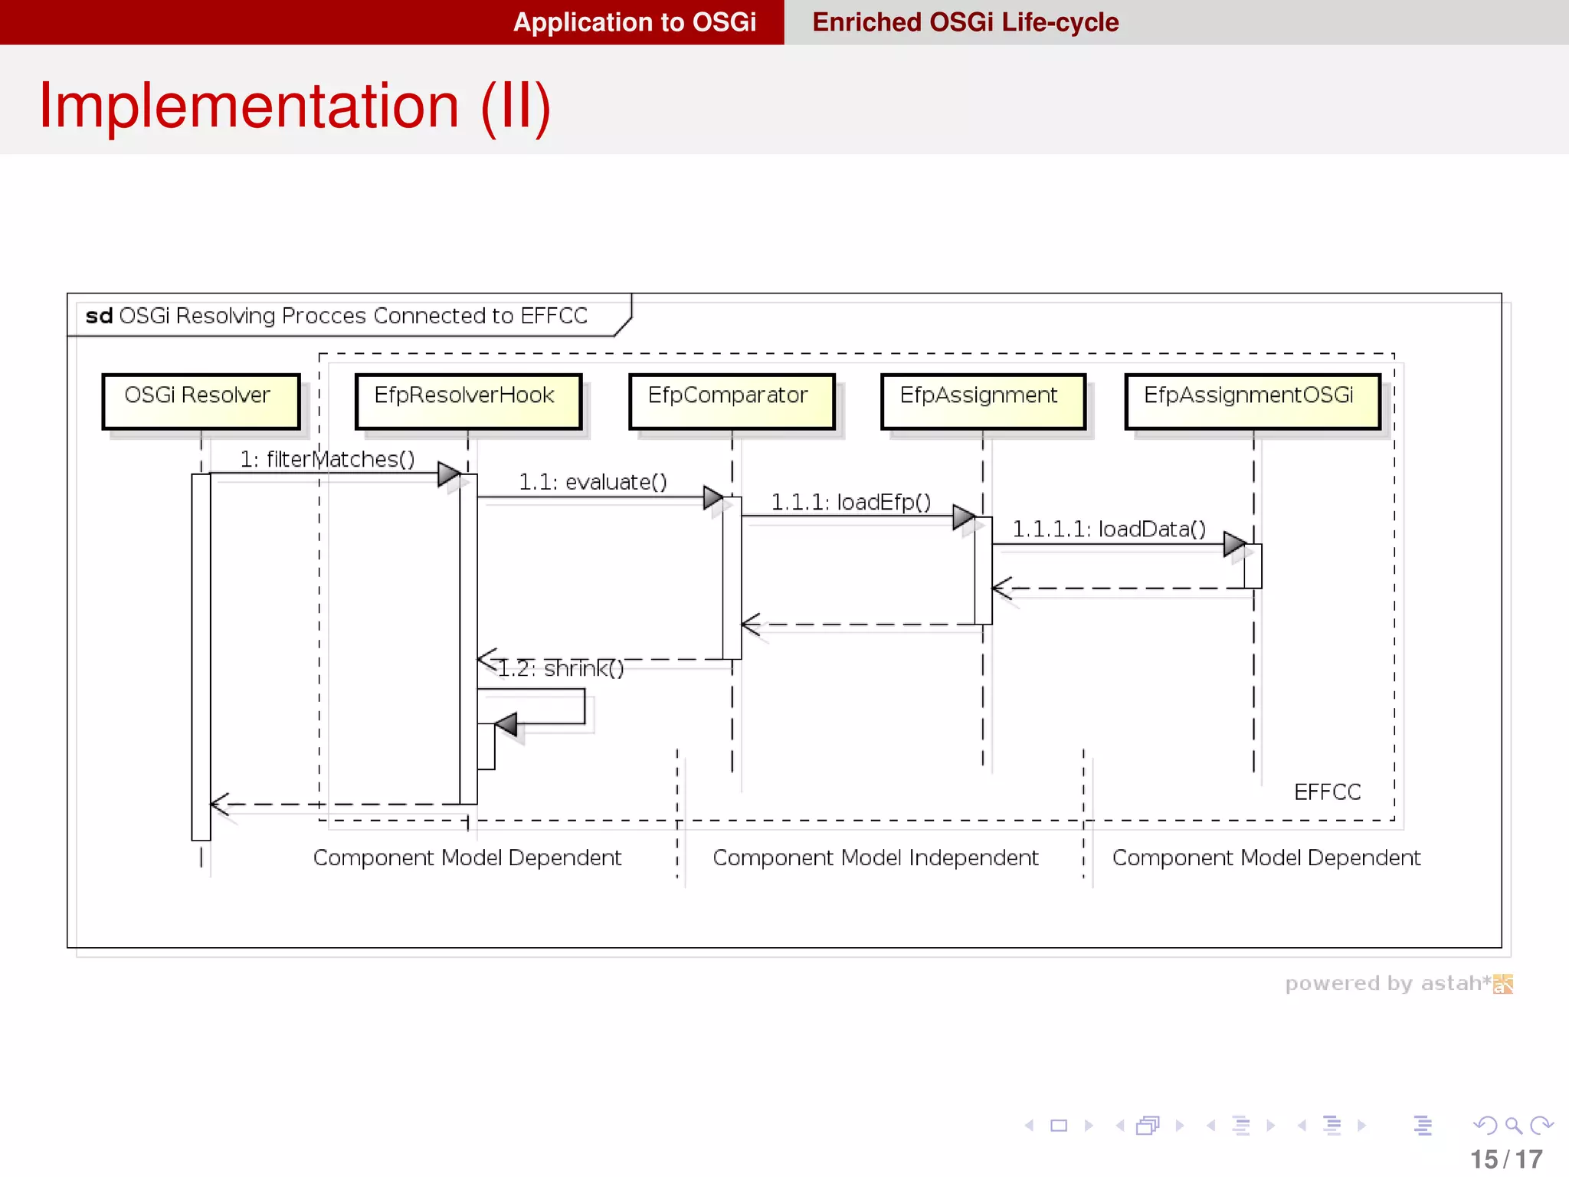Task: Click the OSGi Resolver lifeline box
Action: [x=201, y=401]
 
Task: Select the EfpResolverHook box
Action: [x=468, y=401]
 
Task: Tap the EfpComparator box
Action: [x=731, y=401]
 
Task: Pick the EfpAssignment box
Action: [x=982, y=401]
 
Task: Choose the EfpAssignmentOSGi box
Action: [x=1252, y=401]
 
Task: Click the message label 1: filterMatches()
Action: [x=327, y=459]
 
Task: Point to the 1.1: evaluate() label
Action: [x=593, y=482]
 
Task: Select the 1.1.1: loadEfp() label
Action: [x=850, y=503]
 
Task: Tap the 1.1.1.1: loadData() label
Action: [x=1109, y=529]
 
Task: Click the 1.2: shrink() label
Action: [x=561, y=669]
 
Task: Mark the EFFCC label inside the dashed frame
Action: [x=1327, y=792]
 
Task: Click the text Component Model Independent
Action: [x=875, y=858]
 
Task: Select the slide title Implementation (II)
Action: [x=295, y=106]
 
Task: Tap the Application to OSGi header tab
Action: [x=634, y=22]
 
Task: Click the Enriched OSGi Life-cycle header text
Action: [x=965, y=22]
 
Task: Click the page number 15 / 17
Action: [x=1505, y=1159]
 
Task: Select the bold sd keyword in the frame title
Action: [x=99, y=316]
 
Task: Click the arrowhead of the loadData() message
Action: [x=1234, y=544]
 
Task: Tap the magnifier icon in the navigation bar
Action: [x=1513, y=1126]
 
